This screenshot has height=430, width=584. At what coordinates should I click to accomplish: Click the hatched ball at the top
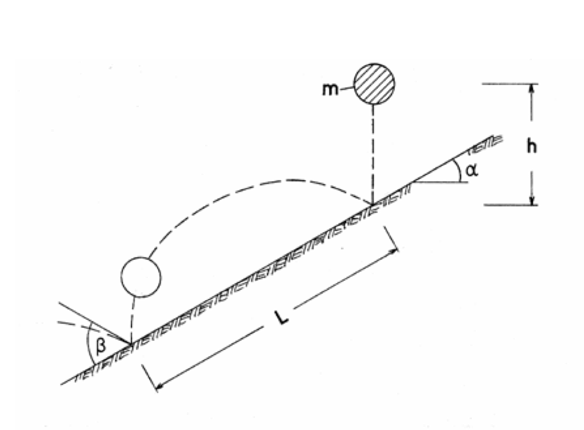pos(374,84)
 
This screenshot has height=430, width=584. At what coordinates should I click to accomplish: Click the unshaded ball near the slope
pos(141,277)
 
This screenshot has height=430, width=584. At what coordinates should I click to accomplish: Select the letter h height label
pos(532,146)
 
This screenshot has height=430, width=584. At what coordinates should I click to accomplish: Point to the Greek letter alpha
pos(471,170)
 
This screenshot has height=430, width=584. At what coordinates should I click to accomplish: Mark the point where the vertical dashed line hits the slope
pos(373,204)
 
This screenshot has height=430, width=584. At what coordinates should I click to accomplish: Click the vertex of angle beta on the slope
pos(130,343)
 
